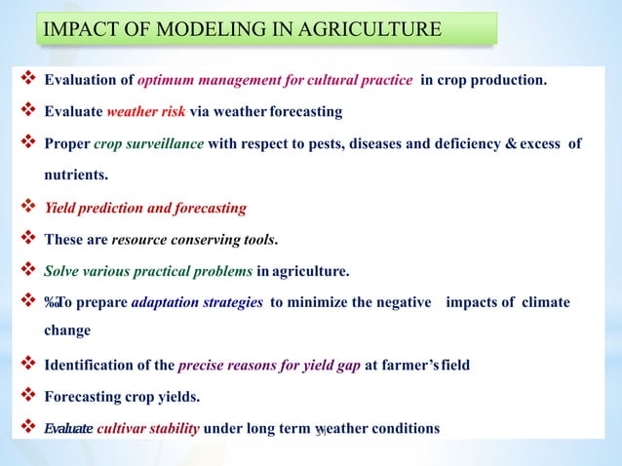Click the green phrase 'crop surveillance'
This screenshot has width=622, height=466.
point(149,144)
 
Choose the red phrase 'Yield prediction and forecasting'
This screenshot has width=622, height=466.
point(145,208)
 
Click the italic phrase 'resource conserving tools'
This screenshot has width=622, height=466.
point(193,239)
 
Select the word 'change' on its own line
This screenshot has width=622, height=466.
point(67,330)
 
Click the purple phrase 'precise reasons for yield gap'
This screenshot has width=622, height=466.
point(270,366)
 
